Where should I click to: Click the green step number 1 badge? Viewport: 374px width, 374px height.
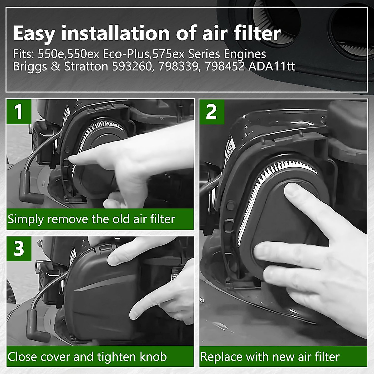point(19,111)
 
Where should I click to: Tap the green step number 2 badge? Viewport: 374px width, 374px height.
point(212,111)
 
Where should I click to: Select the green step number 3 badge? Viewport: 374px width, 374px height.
point(19,248)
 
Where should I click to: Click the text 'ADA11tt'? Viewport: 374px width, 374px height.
point(271,67)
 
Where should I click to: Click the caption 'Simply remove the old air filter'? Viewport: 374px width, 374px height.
point(91,219)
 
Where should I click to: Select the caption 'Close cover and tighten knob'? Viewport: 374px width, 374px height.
point(87,357)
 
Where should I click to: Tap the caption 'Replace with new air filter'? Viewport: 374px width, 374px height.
point(270,357)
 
